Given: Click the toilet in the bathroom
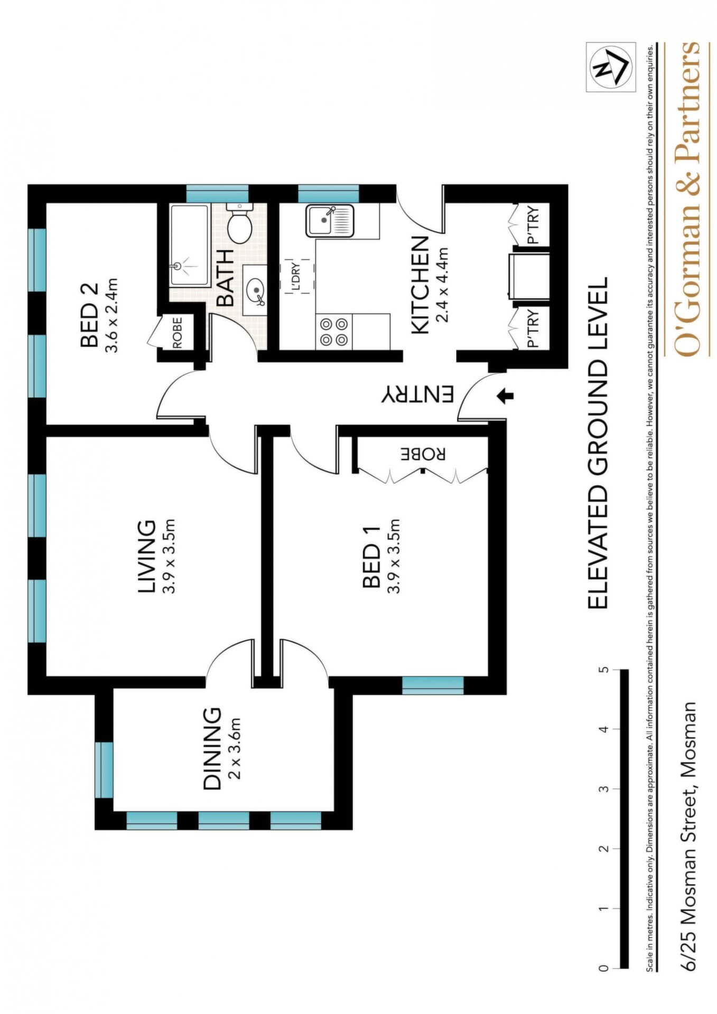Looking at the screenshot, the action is [x=239, y=223].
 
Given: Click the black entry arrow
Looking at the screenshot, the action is [x=506, y=395].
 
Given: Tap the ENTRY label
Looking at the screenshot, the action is [x=418, y=395].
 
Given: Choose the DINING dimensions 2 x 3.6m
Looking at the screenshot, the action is [x=235, y=748].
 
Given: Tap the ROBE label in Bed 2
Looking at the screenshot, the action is [x=177, y=332].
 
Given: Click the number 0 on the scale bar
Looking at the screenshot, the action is [x=603, y=968].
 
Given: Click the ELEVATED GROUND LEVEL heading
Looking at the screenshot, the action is [x=598, y=443].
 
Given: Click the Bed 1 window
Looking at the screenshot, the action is [x=433, y=686].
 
